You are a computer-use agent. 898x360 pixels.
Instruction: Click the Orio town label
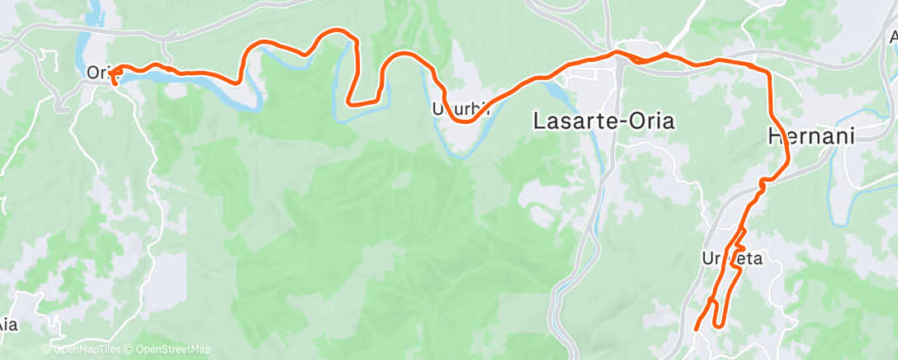click(x=98, y=73)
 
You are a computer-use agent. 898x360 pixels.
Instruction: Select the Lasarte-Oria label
click(x=603, y=121)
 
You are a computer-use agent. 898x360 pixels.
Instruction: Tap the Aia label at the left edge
click(x=7, y=324)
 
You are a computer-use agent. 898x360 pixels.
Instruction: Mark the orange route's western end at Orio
click(x=113, y=81)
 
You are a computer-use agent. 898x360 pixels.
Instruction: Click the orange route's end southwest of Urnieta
click(x=697, y=328)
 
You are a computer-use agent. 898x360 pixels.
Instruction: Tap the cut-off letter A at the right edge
click(x=893, y=37)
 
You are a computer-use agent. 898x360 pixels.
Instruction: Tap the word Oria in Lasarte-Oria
click(x=648, y=121)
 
